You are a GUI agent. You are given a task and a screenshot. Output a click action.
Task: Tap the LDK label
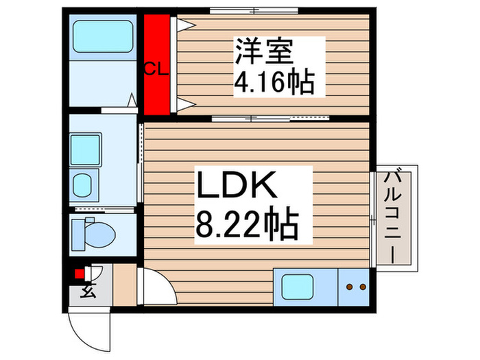point(237,185)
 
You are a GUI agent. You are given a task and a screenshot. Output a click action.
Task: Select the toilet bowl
point(100,233)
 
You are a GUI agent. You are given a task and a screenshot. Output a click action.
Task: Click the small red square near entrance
point(80,274)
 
